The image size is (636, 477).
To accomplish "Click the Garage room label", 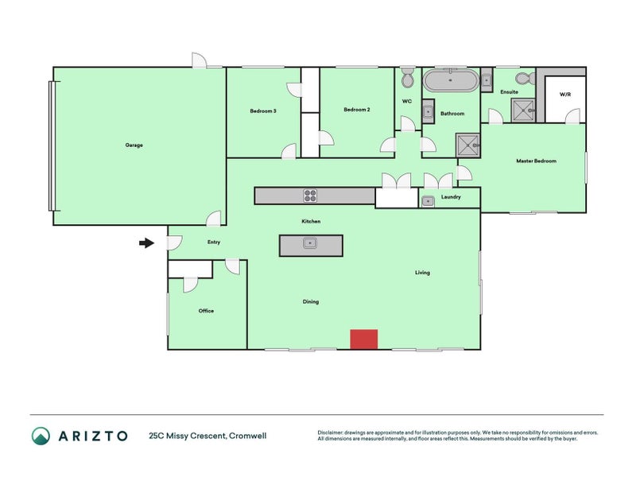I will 134,145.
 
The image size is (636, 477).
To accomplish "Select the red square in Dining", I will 364,339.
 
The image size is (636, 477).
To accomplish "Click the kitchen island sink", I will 310,244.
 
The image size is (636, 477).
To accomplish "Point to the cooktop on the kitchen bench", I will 310,196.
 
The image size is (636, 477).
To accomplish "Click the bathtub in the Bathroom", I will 450,81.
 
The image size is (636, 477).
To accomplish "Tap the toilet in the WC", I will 407,79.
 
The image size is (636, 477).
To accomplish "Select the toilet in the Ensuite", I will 523,78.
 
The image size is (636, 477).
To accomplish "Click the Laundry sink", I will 428,200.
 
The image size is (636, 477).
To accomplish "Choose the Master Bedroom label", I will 536,161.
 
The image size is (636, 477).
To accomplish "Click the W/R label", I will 565,95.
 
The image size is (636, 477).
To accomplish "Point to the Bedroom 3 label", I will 263,111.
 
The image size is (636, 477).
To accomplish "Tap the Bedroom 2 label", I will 357,110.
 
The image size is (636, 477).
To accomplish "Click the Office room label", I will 206,311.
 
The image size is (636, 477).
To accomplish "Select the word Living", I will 422,273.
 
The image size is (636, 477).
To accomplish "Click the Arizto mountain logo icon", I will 41,436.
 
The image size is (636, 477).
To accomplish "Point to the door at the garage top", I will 199,60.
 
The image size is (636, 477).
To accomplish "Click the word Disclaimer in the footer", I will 332,432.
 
